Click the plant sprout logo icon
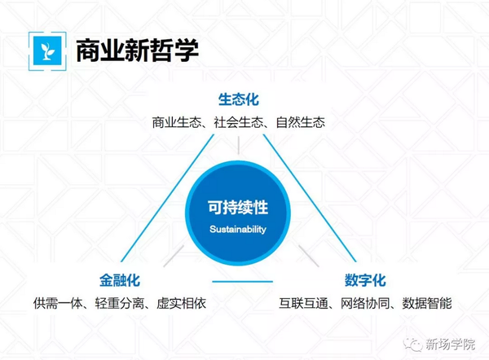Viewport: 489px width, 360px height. (x=47, y=51)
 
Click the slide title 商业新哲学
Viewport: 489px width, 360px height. (x=137, y=50)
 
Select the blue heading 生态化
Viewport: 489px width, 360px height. (x=239, y=99)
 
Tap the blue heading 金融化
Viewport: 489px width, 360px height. (x=120, y=280)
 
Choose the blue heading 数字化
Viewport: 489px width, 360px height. (x=365, y=280)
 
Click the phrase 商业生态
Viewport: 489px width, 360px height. (x=177, y=122)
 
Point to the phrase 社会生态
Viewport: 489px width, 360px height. (x=239, y=122)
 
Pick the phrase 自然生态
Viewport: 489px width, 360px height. (x=301, y=122)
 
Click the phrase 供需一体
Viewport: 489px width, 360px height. (x=58, y=303)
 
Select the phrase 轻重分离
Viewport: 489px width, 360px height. (x=120, y=303)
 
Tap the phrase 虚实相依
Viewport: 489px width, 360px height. (x=182, y=303)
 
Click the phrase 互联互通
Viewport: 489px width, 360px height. (x=303, y=303)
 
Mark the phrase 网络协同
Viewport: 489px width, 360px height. (x=365, y=303)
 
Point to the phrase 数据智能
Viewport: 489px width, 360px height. (x=427, y=303)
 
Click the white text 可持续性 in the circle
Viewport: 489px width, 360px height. (x=238, y=207)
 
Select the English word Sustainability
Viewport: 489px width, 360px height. (x=238, y=230)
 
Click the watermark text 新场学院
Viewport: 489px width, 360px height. (x=450, y=344)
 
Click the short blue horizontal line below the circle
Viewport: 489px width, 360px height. (x=243, y=282)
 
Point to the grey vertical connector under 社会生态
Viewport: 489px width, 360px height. (x=239, y=145)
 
